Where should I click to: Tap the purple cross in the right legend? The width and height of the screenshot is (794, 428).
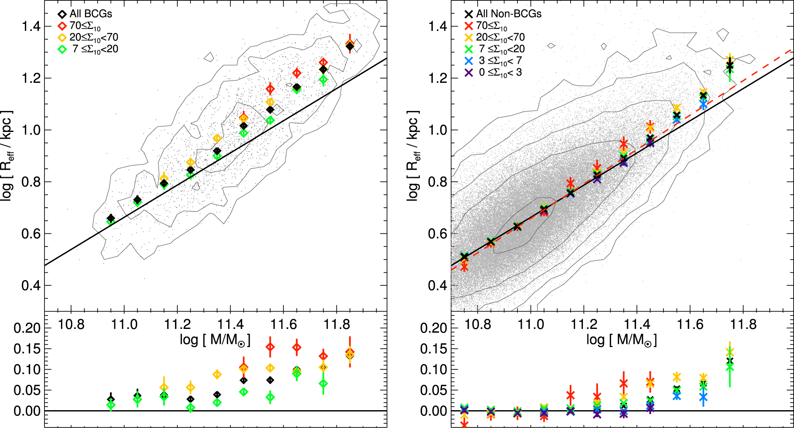tap(469, 73)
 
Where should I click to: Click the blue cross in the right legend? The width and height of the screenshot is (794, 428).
tap(469, 61)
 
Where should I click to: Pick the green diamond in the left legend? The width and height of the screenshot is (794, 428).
tap(62, 50)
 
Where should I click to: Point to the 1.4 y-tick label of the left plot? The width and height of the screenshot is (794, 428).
tap(31, 27)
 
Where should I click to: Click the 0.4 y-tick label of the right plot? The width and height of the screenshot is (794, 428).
tap(437, 285)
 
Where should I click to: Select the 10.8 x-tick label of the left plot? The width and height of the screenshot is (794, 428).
tap(71, 325)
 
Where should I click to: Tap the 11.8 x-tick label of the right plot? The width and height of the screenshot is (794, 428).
tap(743, 325)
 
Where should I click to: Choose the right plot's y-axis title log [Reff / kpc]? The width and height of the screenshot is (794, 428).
tap(413, 156)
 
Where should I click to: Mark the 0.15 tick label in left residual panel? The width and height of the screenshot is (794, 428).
tap(27, 349)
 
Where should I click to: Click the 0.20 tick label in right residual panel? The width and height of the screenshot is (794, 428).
tap(434, 328)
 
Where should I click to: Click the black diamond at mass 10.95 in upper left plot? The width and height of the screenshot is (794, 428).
tap(111, 218)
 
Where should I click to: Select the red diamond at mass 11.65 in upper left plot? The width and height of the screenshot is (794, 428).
tap(297, 73)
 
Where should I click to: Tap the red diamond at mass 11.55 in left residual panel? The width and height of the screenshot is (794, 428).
tap(270, 347)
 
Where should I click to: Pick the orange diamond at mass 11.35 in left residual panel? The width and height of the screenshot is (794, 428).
tap(217, 374)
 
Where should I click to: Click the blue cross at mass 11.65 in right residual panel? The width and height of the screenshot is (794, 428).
tap(703, 397)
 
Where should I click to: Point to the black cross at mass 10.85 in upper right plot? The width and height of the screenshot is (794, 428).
tap(490, 242)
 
